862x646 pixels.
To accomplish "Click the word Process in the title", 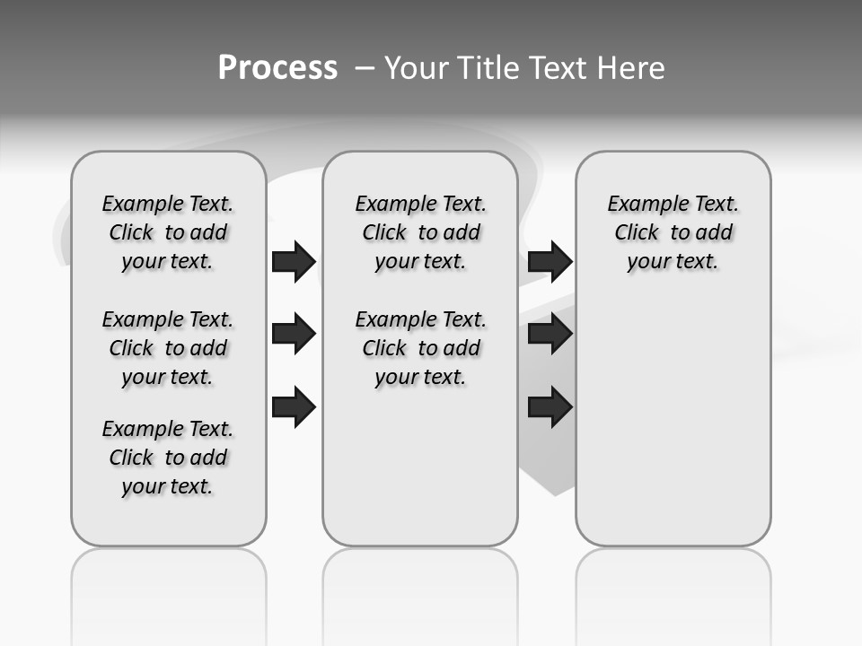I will (277, 67).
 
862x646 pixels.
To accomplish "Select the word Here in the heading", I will (632, 67).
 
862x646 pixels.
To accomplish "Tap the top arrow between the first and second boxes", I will (294, 261).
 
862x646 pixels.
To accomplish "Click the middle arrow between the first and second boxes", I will (294, 334).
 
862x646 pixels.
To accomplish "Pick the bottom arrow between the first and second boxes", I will (294, 406).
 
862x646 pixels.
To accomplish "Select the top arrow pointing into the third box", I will (550, 261).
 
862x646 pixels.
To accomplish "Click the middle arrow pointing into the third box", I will (550, 334).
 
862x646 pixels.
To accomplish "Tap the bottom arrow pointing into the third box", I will (550, 406).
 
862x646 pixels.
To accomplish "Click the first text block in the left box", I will (168, 232).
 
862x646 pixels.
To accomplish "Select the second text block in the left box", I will (168, 348).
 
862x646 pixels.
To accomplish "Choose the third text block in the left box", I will (168, 458).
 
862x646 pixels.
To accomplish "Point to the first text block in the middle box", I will (421, 232).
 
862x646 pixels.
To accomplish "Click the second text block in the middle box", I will (421, 348).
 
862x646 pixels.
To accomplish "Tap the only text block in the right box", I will (673, 232).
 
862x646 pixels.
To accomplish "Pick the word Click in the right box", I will (637, 233).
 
